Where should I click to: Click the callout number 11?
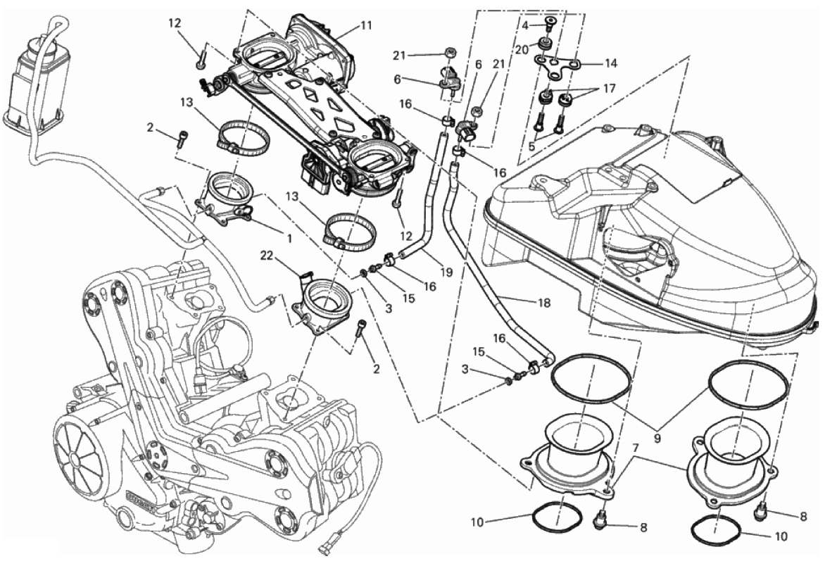pyautogui.click(x=365, y=25)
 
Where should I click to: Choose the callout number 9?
pyautogui.click(x=655, y=436)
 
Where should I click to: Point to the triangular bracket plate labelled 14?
pyautogui.click(x=555, y=63)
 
